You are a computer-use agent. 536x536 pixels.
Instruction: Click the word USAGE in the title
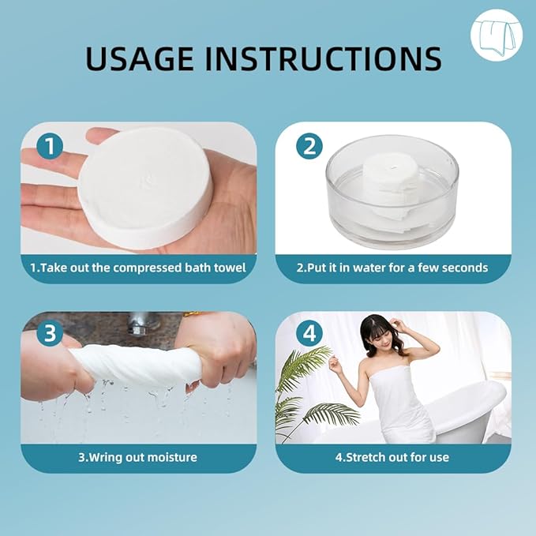140,58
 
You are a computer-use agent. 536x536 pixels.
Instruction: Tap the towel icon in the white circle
496,36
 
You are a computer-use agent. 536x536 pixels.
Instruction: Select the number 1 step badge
50,146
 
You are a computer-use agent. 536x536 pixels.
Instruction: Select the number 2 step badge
309,146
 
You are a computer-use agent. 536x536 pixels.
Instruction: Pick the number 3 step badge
50,333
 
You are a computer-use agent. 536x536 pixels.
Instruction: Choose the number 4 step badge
309,333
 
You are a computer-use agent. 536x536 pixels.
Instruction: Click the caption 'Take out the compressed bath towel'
138,268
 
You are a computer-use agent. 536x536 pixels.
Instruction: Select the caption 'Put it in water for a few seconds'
392,268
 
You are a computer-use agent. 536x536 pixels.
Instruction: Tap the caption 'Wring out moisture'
138,457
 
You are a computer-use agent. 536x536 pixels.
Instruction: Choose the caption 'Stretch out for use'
392,457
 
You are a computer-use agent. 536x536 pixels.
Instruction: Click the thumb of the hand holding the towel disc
99,134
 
